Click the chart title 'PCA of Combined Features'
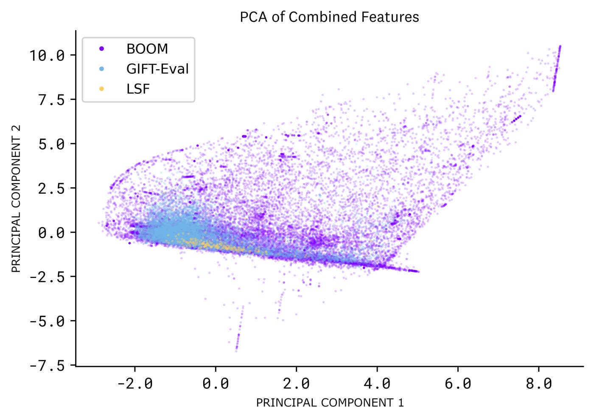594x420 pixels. (x=329, y=17)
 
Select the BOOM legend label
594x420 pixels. (x=147, y=49)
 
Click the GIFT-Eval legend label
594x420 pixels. (x=157, y=69)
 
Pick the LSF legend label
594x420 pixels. (x=138, y=89)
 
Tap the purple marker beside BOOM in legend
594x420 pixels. (x=101, y=49)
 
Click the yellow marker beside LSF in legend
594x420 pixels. (x=101, y=89)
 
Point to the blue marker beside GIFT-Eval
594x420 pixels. (x=101, y=69)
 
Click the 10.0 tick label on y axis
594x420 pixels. (x=47, y=55)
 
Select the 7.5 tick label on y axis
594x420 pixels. (x=51, y=100)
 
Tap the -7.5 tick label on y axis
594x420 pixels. (x=47, y=365)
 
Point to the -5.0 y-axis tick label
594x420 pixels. (x=47, y=321)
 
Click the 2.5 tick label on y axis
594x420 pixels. (x=51, y=188)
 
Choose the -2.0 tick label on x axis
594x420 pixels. (x=134, y=384)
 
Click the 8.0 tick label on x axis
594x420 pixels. (x=538, y=384)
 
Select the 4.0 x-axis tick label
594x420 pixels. (x=377, y=384)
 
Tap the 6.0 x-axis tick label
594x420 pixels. (x=458, y=384)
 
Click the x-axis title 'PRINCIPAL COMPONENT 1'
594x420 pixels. (x=330, y=403)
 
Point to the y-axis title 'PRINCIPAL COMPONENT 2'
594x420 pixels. (x=16, y=199)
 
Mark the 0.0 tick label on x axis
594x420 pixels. (x=216, y=384)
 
